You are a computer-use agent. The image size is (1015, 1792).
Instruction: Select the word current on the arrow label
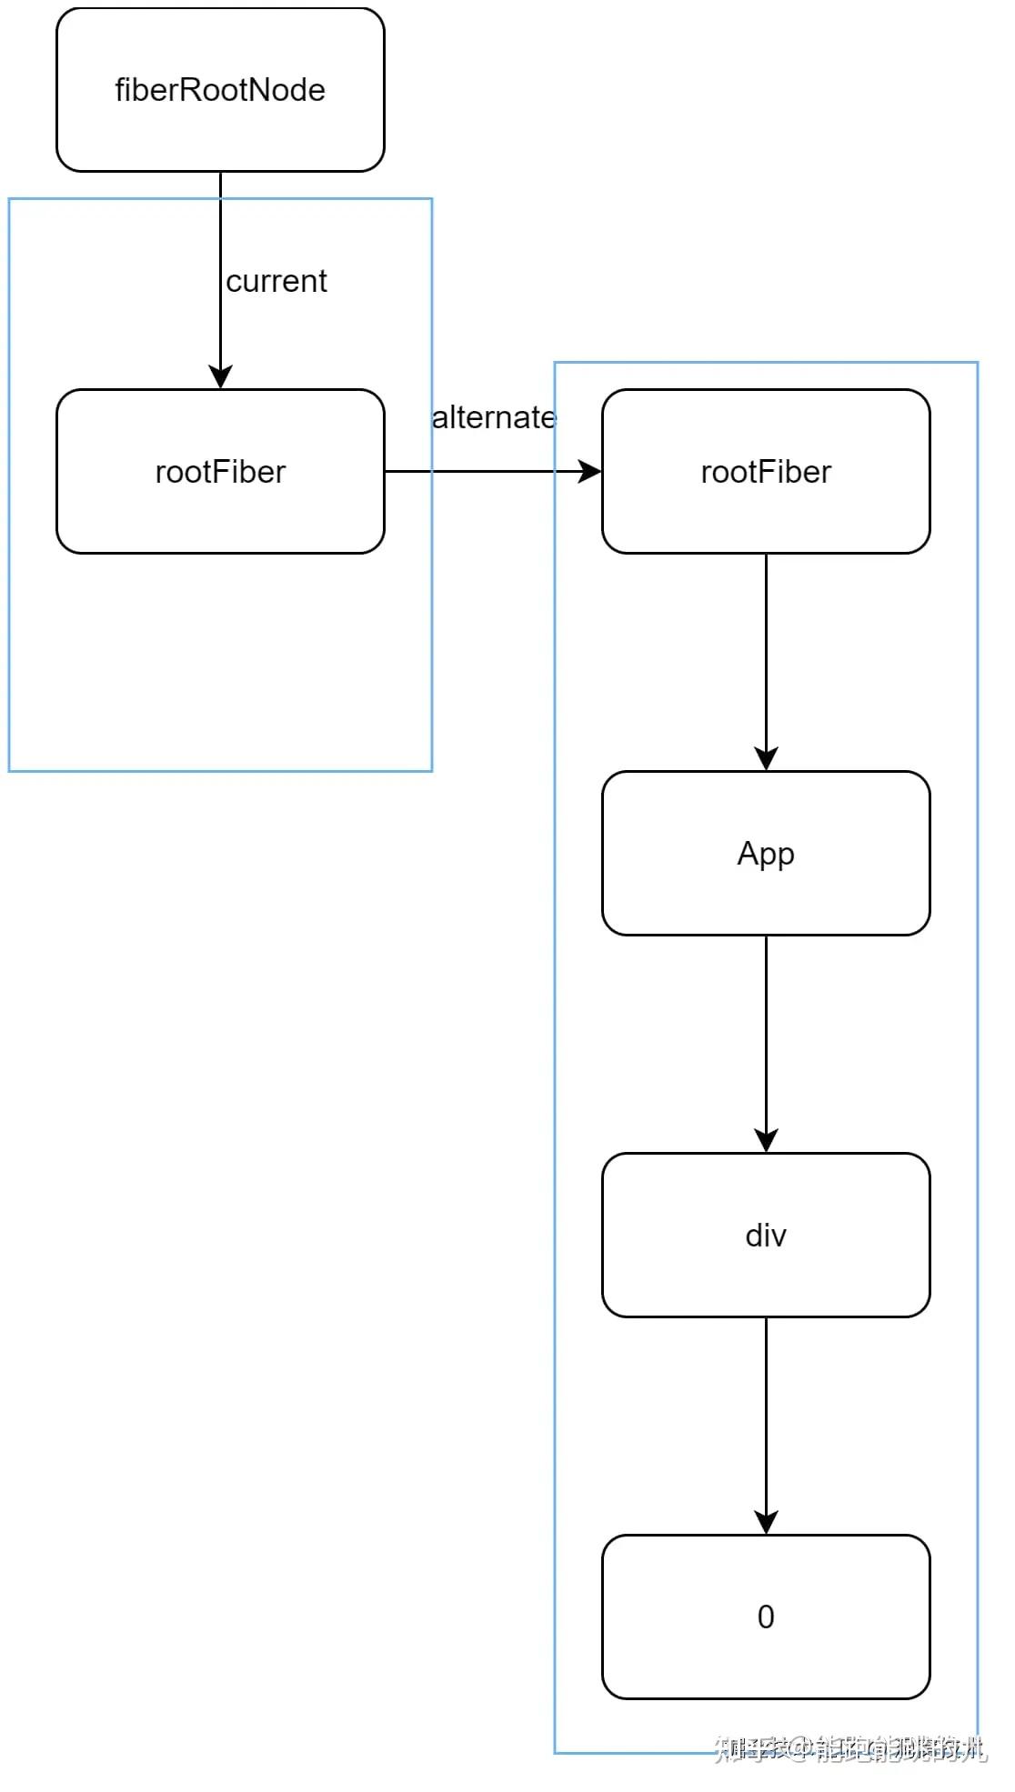click(276, 281)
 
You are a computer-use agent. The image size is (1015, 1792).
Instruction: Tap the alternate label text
click(493, 417)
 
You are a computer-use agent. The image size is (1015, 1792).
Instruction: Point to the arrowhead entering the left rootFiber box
click(220, 376)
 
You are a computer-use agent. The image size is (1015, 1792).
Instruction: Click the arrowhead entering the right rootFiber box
click(589, 471)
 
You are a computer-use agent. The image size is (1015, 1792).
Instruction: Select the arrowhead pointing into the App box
click(766, 758)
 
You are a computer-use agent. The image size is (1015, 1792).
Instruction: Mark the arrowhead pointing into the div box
click(766, 1140)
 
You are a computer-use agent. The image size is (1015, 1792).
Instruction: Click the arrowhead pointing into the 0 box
click(766, 1522)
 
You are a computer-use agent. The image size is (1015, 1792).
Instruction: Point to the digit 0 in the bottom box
click(766, 1617)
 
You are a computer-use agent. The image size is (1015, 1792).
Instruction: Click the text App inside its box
click(766, 854)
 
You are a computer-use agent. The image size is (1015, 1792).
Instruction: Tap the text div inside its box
click(766, 1236)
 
